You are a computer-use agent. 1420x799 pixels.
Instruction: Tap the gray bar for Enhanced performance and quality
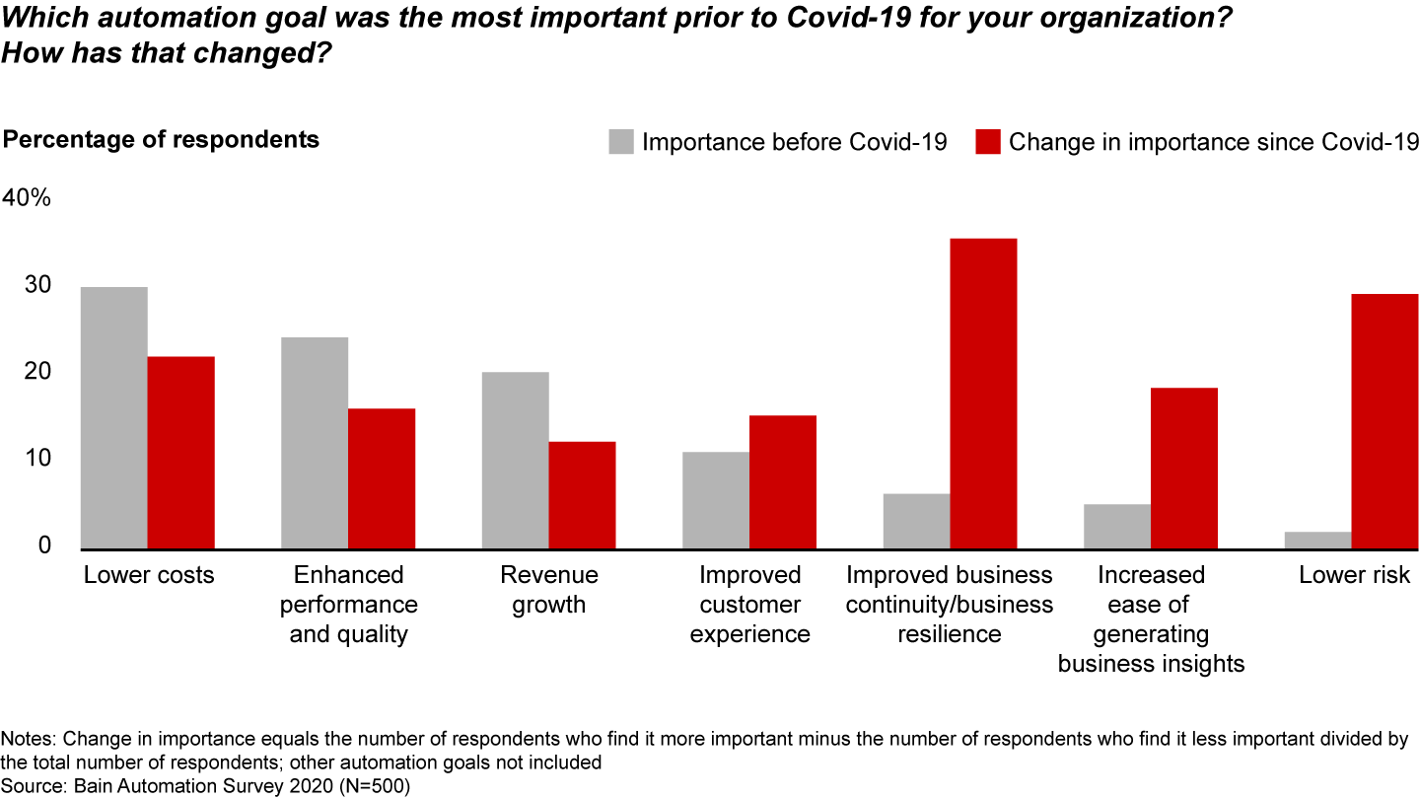point(315,443)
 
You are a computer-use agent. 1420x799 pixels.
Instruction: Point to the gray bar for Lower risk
point(1317,540)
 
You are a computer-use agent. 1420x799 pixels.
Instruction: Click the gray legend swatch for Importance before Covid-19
point(620,142)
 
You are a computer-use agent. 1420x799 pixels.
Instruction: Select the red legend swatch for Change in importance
point(988,142)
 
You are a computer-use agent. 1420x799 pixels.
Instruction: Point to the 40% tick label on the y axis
point(27,198)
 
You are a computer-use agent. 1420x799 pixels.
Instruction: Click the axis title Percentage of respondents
point(162,139)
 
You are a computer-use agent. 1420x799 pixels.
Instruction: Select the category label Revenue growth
point(548,589)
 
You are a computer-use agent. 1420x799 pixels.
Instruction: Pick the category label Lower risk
point(1354,575)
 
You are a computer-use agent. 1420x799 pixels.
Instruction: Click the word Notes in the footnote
point(29,739)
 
